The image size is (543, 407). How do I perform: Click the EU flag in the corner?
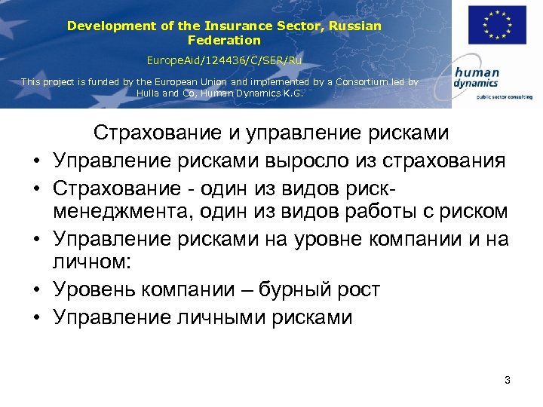497,25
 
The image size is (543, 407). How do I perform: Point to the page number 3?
508,380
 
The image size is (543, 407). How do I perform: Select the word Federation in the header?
224,40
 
